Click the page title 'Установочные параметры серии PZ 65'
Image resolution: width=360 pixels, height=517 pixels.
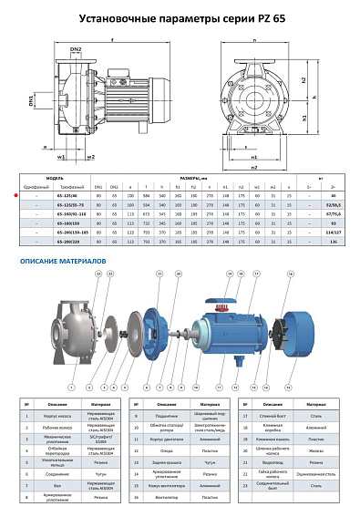point(180,17)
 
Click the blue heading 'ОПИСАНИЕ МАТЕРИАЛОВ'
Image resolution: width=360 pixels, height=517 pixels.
point(64,261)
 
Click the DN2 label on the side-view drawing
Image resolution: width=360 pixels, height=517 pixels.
point(77,49)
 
